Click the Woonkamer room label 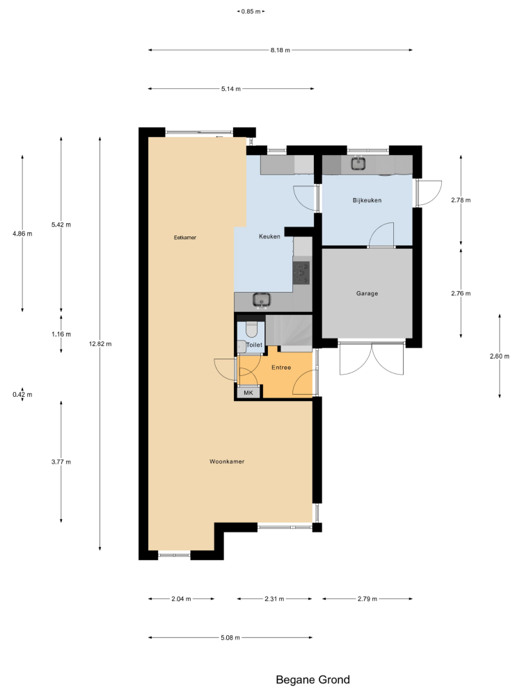click(227, 461)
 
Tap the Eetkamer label click(185, 238)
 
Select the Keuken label click(269, 237)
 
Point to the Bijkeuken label click(367, 200)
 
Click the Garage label click(367, 293)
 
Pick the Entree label click(281, 368)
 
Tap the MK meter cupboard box click(248, 393)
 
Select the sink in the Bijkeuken click(358, 164)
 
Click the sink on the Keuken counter click(262, 300)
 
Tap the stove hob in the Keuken click(302, 272)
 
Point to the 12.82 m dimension click(100, 344)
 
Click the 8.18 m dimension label click(280, 50)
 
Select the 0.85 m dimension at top click(251, 12)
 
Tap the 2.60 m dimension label click(499, 356)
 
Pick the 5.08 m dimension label click(230, 637)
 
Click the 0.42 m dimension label click(22, 395)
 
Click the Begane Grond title click(313, 680)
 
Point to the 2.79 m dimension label click(367, 599)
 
